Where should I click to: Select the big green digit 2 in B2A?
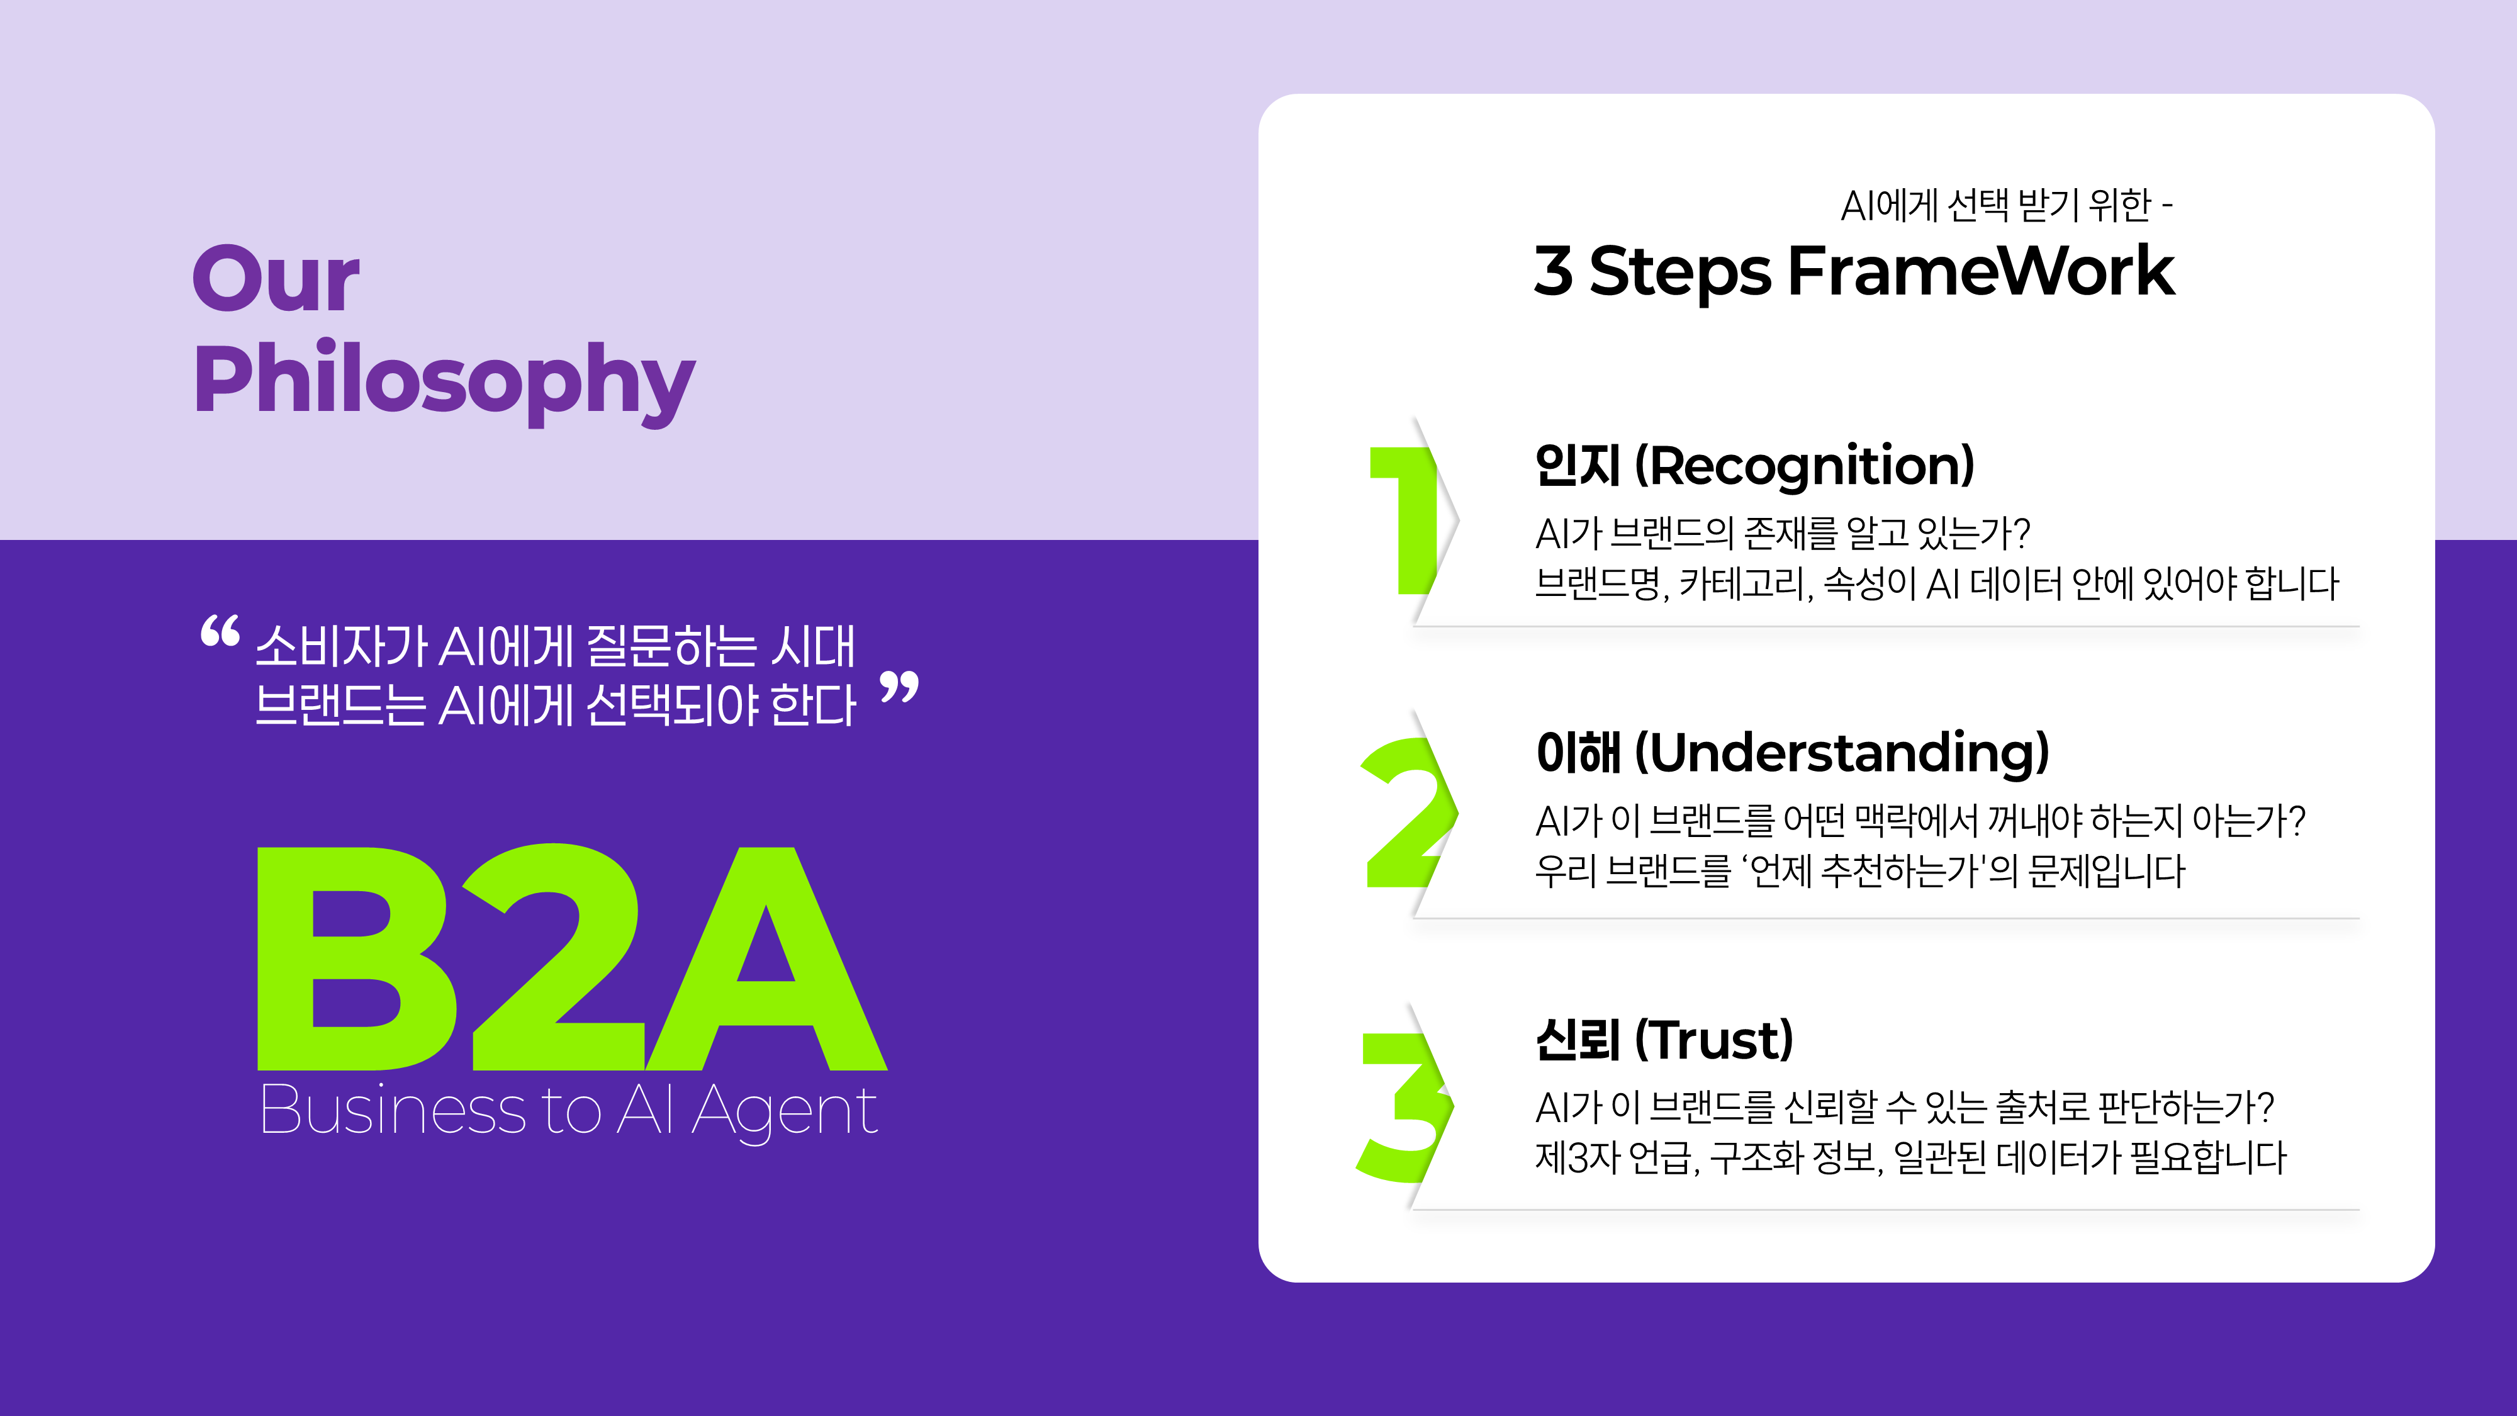[552, 958]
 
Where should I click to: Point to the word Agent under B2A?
[785, 1112]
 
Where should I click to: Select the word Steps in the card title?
[1679, 272]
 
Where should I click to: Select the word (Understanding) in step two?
[1842, 753]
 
